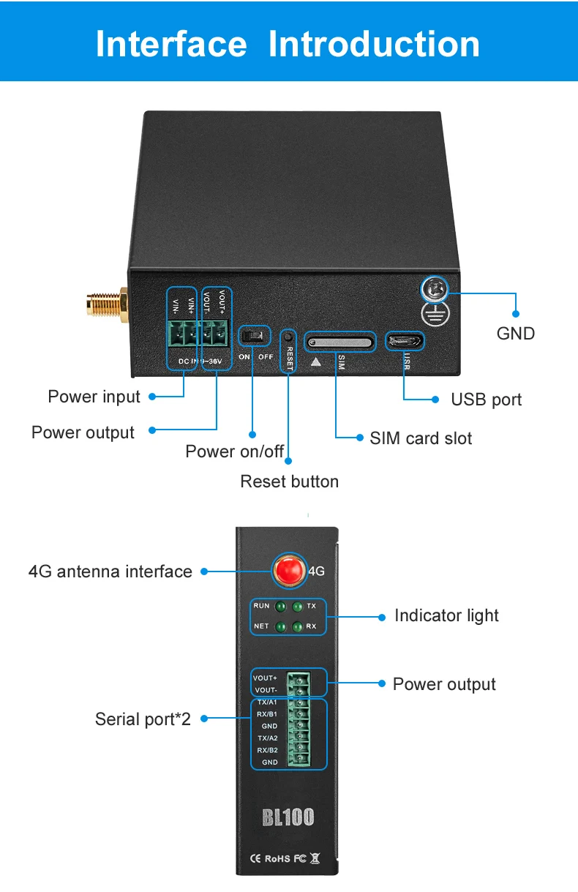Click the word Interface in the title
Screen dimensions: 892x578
(171, 44)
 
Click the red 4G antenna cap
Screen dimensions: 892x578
(289, 571)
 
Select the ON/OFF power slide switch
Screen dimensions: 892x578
(255, 337)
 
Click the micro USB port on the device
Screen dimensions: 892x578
(405, 340)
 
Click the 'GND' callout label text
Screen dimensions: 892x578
(516, 334)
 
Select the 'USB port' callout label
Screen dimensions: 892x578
(487, 400)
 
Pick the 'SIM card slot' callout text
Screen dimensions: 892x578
(421, 438)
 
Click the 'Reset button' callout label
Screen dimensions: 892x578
(290, 481)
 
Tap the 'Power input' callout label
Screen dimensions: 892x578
(94, 397)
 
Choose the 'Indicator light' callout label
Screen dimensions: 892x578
(446, 615)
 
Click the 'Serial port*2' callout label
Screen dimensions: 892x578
(143, 719)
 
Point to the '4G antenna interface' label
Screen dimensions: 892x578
(110, 571)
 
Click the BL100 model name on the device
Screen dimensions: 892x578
(288, 817)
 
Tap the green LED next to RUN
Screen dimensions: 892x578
(279, 607)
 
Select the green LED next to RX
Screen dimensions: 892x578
(297, 627)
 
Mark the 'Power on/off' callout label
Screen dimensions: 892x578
(234, 451)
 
